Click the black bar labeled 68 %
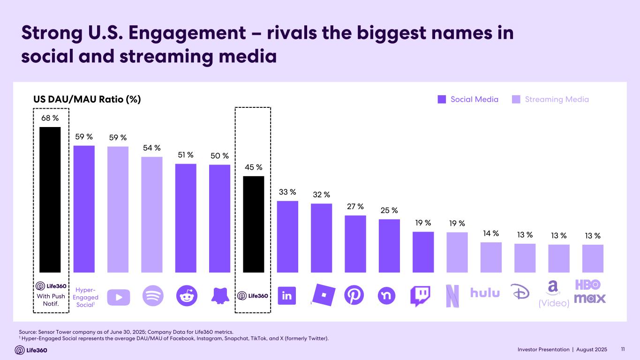[50, 199]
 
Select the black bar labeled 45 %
[253, 224]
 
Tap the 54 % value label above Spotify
[152, 148]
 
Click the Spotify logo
[152, 296]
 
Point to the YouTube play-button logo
[118, 296]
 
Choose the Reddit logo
[186, 296]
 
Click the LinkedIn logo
[287, 296]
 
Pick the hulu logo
[485, 293]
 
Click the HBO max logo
[589, 291]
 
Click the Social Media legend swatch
[442, 99]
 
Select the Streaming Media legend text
[557, 99]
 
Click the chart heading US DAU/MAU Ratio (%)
[87, 99]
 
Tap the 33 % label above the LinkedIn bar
[287, 192]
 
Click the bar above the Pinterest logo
[355, 244]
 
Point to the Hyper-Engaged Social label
[86, 297]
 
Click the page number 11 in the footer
[623, 350]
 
